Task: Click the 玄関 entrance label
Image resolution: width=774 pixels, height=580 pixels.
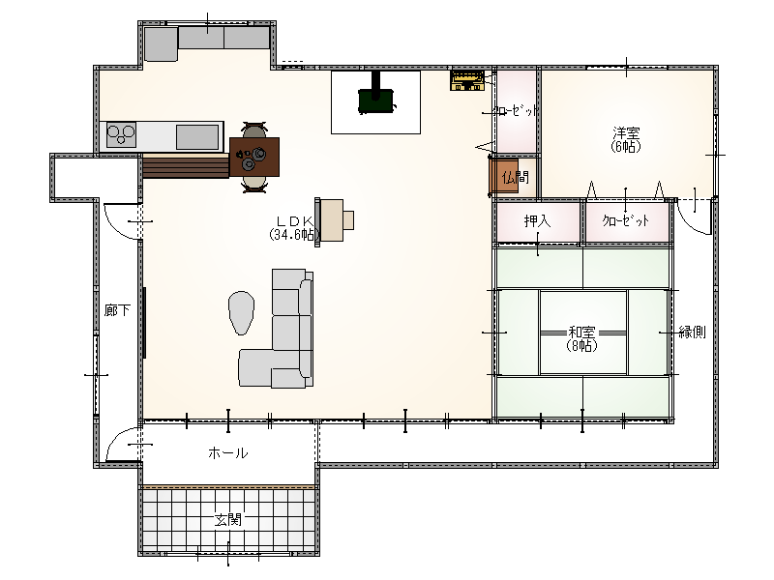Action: (228, 519)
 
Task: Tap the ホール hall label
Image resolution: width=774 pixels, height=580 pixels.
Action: (227, 452)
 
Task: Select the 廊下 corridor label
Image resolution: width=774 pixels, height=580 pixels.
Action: (117, 310)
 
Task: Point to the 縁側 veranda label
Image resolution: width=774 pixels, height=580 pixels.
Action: (692, 332)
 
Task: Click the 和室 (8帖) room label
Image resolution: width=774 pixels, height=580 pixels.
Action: (582, 339)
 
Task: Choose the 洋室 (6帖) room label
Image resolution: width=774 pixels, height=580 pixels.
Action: (626, 139)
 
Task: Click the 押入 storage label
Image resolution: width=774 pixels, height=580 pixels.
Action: (537, 220)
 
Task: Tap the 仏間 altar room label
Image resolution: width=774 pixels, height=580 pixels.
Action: (515, 177)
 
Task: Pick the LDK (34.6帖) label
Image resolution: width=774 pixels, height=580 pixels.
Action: (294, 228)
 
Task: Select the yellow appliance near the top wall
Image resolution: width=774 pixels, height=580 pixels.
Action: (467, 81)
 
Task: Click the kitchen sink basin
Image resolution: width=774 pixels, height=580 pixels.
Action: (197, 136)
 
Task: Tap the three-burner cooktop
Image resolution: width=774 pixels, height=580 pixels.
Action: (122, 134)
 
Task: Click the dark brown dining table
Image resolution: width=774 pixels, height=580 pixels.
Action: (254, 157)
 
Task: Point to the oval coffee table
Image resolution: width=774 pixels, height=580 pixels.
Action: (241, 312)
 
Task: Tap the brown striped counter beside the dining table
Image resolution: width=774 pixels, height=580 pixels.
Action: (186, 165)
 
